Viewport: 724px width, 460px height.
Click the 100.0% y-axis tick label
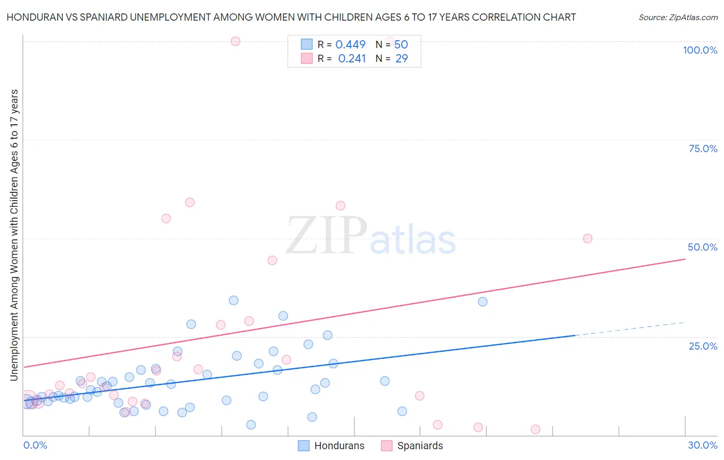[700, 50]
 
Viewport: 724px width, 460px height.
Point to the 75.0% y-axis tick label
[703, 149]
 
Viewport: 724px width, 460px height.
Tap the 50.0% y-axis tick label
[702, 247]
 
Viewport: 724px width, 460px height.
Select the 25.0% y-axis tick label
[703, 346]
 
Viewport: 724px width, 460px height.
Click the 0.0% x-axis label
[35, 445]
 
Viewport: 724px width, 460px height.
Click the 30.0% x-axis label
[702, 445]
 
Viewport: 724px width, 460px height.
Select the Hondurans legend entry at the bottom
[331, 446]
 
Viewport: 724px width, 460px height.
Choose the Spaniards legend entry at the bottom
[412, 446]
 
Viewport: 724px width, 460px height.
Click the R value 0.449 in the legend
[350, 45]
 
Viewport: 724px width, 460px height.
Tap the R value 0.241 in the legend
[352, 59]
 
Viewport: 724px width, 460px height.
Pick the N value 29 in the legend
[402, 59]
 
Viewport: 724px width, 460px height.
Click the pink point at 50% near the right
[588, 238]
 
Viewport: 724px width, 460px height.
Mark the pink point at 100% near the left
[235, 41]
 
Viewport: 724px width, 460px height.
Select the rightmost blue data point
[482, 302]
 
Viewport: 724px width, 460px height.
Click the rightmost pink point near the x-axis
[536, 430]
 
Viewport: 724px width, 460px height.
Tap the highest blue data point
[233, 300]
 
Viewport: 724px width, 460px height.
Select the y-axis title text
[14, 235]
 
